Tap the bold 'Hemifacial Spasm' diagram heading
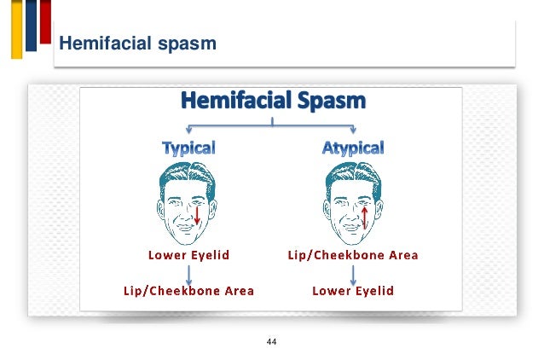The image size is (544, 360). pos(272,102)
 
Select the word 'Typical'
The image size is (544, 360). pos(188,148)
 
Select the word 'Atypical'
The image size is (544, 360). pos(353,148)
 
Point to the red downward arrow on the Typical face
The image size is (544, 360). pos(197,213)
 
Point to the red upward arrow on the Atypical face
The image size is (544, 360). pos(364,213)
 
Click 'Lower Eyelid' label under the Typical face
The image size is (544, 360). pos(188,254)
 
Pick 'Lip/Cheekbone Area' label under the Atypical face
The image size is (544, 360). pos(353,254)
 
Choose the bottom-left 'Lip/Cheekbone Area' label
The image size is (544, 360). pos(188,291)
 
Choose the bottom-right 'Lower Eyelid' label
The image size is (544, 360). pos(353,291)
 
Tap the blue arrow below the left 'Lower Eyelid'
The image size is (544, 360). pos(188,273)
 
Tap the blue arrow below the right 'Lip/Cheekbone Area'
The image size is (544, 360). pos(353,273)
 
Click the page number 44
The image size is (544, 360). pos(272,341)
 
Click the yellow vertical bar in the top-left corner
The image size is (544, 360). pos(16,30)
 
